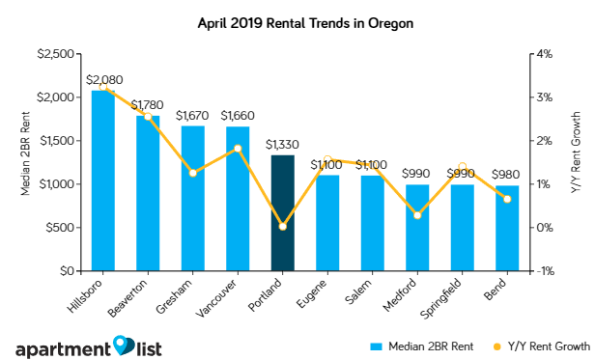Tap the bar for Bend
tap(507, 228)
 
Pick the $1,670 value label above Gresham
tap(192, 114)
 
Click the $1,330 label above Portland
tap(282, 144)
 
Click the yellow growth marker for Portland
tap(282, 227)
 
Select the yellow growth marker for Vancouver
tap(238, 149)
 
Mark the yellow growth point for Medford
tap(417, 215)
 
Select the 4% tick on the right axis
tap(543, 54)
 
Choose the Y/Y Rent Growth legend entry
tap(539, 345)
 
